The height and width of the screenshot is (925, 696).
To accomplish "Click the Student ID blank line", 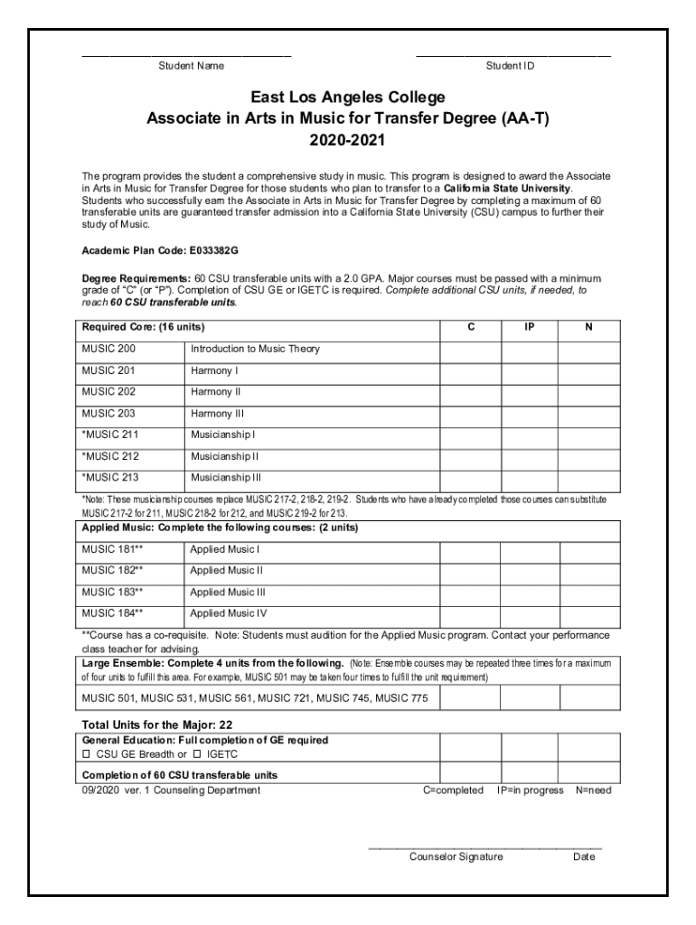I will [x=513, y=57].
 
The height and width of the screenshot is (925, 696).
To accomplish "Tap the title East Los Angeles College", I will [x=348, y=98].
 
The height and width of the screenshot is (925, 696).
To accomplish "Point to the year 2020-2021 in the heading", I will [x=348, y=141].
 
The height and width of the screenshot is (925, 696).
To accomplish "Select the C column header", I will [x=470, y=327].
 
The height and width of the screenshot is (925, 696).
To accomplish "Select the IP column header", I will [x=529, y=327].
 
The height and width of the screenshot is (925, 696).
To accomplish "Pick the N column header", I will [x=588, y=327].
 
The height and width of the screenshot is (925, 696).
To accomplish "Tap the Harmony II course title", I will [x=216, y=392].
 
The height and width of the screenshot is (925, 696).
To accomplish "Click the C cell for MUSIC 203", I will [x=470, y=414].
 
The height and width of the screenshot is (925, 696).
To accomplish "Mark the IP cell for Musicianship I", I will [x=529, y=435].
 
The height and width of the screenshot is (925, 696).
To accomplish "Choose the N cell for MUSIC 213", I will [x=588, y=479].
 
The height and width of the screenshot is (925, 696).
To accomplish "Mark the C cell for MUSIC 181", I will [x=470, y=548].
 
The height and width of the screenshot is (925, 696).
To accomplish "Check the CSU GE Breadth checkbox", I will [x=87, y=753].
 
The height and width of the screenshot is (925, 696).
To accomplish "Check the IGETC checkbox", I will [x=198, y=753].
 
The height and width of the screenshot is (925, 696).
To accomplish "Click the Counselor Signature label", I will [x=456, y=857].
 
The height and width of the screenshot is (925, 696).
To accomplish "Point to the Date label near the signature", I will [x=584, y=857].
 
